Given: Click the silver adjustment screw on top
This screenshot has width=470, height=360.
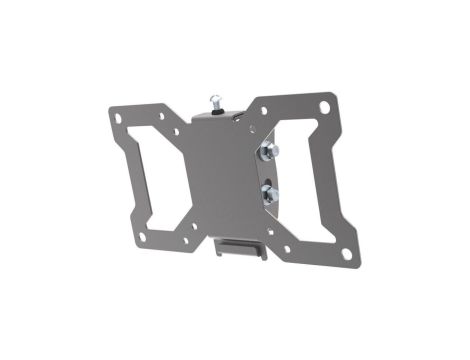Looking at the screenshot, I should (213, 100).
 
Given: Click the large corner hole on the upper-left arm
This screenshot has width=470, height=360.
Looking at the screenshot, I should (121, 118).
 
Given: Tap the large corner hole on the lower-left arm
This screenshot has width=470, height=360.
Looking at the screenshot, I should (144, 237).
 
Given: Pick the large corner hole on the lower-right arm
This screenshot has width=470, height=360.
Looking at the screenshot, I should (346, 254).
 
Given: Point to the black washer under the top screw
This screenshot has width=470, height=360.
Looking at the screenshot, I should (214, 110).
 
